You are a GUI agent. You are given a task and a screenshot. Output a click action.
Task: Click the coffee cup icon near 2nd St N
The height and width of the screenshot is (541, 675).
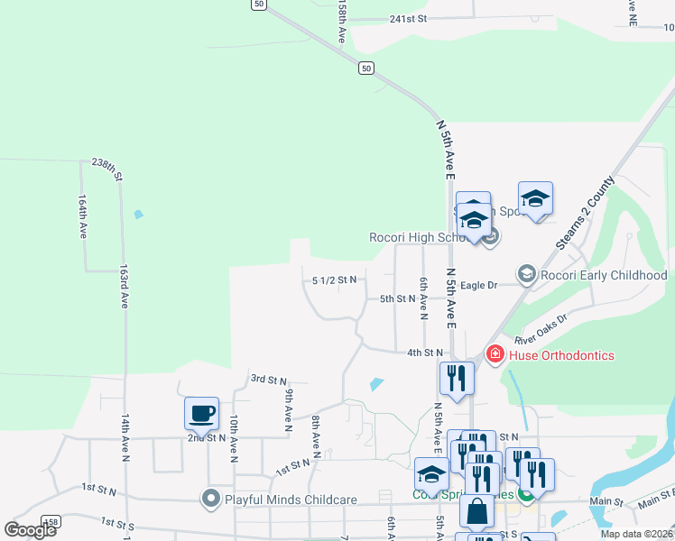[x=201, y=414]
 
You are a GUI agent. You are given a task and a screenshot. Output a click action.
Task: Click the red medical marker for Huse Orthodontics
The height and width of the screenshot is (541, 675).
[x=494, y=355]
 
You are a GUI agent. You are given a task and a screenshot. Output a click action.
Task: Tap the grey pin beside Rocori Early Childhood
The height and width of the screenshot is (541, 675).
[x=526, y=273]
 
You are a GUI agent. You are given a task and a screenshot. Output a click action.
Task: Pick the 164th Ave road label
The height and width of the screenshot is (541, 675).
[x=83, y=216]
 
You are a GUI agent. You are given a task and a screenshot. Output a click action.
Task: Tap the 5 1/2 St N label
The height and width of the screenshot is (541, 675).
[x=334, y=280]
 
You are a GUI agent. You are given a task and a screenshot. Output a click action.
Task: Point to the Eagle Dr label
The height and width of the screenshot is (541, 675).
[x=479, y=285]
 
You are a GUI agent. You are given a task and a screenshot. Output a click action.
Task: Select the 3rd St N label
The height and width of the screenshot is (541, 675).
[x=268, y=381]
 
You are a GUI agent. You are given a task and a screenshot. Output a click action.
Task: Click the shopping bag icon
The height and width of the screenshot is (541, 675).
[x=476, y=511]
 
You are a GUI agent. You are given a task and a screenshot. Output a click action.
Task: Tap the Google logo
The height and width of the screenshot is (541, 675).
[x=31, y=530]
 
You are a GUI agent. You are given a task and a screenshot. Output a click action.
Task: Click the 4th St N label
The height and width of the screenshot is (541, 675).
[x=425, y=353]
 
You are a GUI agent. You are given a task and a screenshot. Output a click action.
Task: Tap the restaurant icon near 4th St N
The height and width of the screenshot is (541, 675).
[x=456, y=379]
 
